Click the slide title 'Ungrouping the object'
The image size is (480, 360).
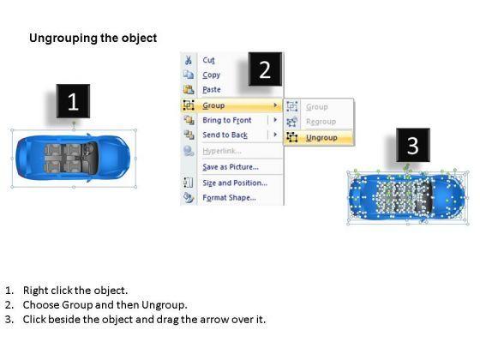(93, 39)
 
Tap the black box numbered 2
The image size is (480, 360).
(265, 69)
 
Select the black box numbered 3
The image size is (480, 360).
(412, 146)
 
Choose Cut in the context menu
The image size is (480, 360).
(209, 60)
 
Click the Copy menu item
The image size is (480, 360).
(211, 75)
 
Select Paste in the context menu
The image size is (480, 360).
(212, 89)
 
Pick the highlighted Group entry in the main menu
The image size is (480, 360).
(214, 105)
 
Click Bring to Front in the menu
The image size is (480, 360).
(227, 121)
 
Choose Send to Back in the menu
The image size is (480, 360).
(225, 135)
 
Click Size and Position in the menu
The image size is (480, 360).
(234, 183)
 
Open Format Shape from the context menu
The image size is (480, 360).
(229, 198)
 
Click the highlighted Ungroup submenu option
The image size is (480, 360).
(321, 137)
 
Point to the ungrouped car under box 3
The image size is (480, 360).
(407, 196)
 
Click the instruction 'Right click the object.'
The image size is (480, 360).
(75, 291)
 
